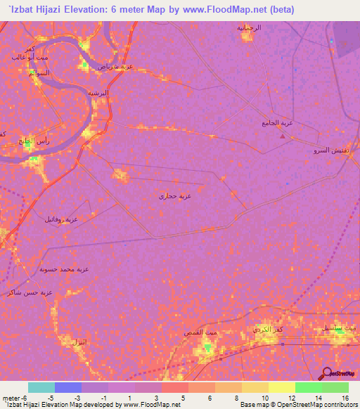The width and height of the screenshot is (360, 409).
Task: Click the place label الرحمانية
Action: click(x=248, y=27)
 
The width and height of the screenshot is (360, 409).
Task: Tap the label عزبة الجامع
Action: click(x=276, y=122)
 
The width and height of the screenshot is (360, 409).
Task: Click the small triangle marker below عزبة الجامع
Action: click(x=283, y=136)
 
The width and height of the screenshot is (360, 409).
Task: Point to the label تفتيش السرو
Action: click(x=330, y=150)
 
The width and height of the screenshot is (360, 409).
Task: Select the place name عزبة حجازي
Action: click(x=175, y=196)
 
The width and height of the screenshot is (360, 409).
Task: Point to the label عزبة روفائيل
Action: click(x=63, y=219)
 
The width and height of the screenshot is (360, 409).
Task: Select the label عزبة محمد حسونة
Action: click(x=64, y=269)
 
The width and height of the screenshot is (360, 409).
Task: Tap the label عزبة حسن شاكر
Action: click(x=29, y=292)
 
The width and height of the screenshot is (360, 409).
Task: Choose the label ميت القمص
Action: click(x=193, y=331)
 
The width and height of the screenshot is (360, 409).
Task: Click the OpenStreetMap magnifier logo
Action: click(x=327, y=373)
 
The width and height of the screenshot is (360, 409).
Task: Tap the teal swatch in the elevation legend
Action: click(x=41, y=387)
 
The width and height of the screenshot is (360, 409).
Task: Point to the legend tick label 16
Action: click(x=345, y=398)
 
